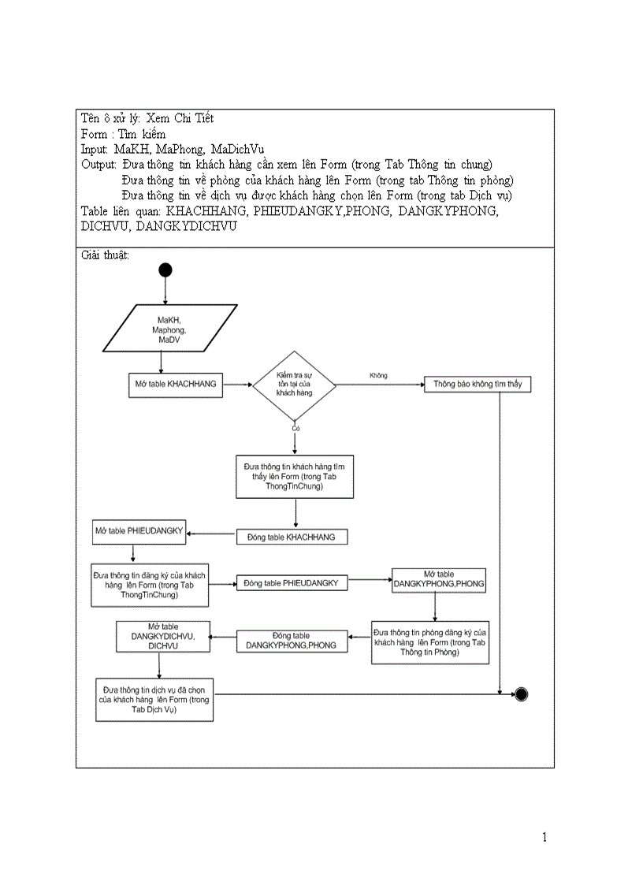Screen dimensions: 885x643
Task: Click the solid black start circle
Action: (165, 270)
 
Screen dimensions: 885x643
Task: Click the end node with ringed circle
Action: (520, 693)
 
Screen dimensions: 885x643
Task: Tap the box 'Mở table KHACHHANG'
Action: (176, 385)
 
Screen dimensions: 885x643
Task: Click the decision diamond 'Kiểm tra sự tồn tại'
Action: (294, 385)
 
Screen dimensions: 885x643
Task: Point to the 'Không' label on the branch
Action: (378, 376)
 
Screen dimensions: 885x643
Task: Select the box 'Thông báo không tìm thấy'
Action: (478, 385)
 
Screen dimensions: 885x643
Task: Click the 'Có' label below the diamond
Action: (295, 428)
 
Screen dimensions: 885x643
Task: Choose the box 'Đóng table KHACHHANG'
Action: (292, 537)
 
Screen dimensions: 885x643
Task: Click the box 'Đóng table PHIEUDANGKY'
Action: (292, 583)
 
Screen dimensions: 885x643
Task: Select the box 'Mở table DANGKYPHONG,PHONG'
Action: (439, 580)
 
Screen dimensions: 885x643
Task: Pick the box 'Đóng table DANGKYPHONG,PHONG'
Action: (292, 641)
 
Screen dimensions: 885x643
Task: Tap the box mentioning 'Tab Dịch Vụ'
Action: (154, 699)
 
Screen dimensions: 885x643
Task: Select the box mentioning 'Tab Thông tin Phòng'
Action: (429, 642)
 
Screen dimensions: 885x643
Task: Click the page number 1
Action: (545, 837)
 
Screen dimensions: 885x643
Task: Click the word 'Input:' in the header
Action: (95, 149)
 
